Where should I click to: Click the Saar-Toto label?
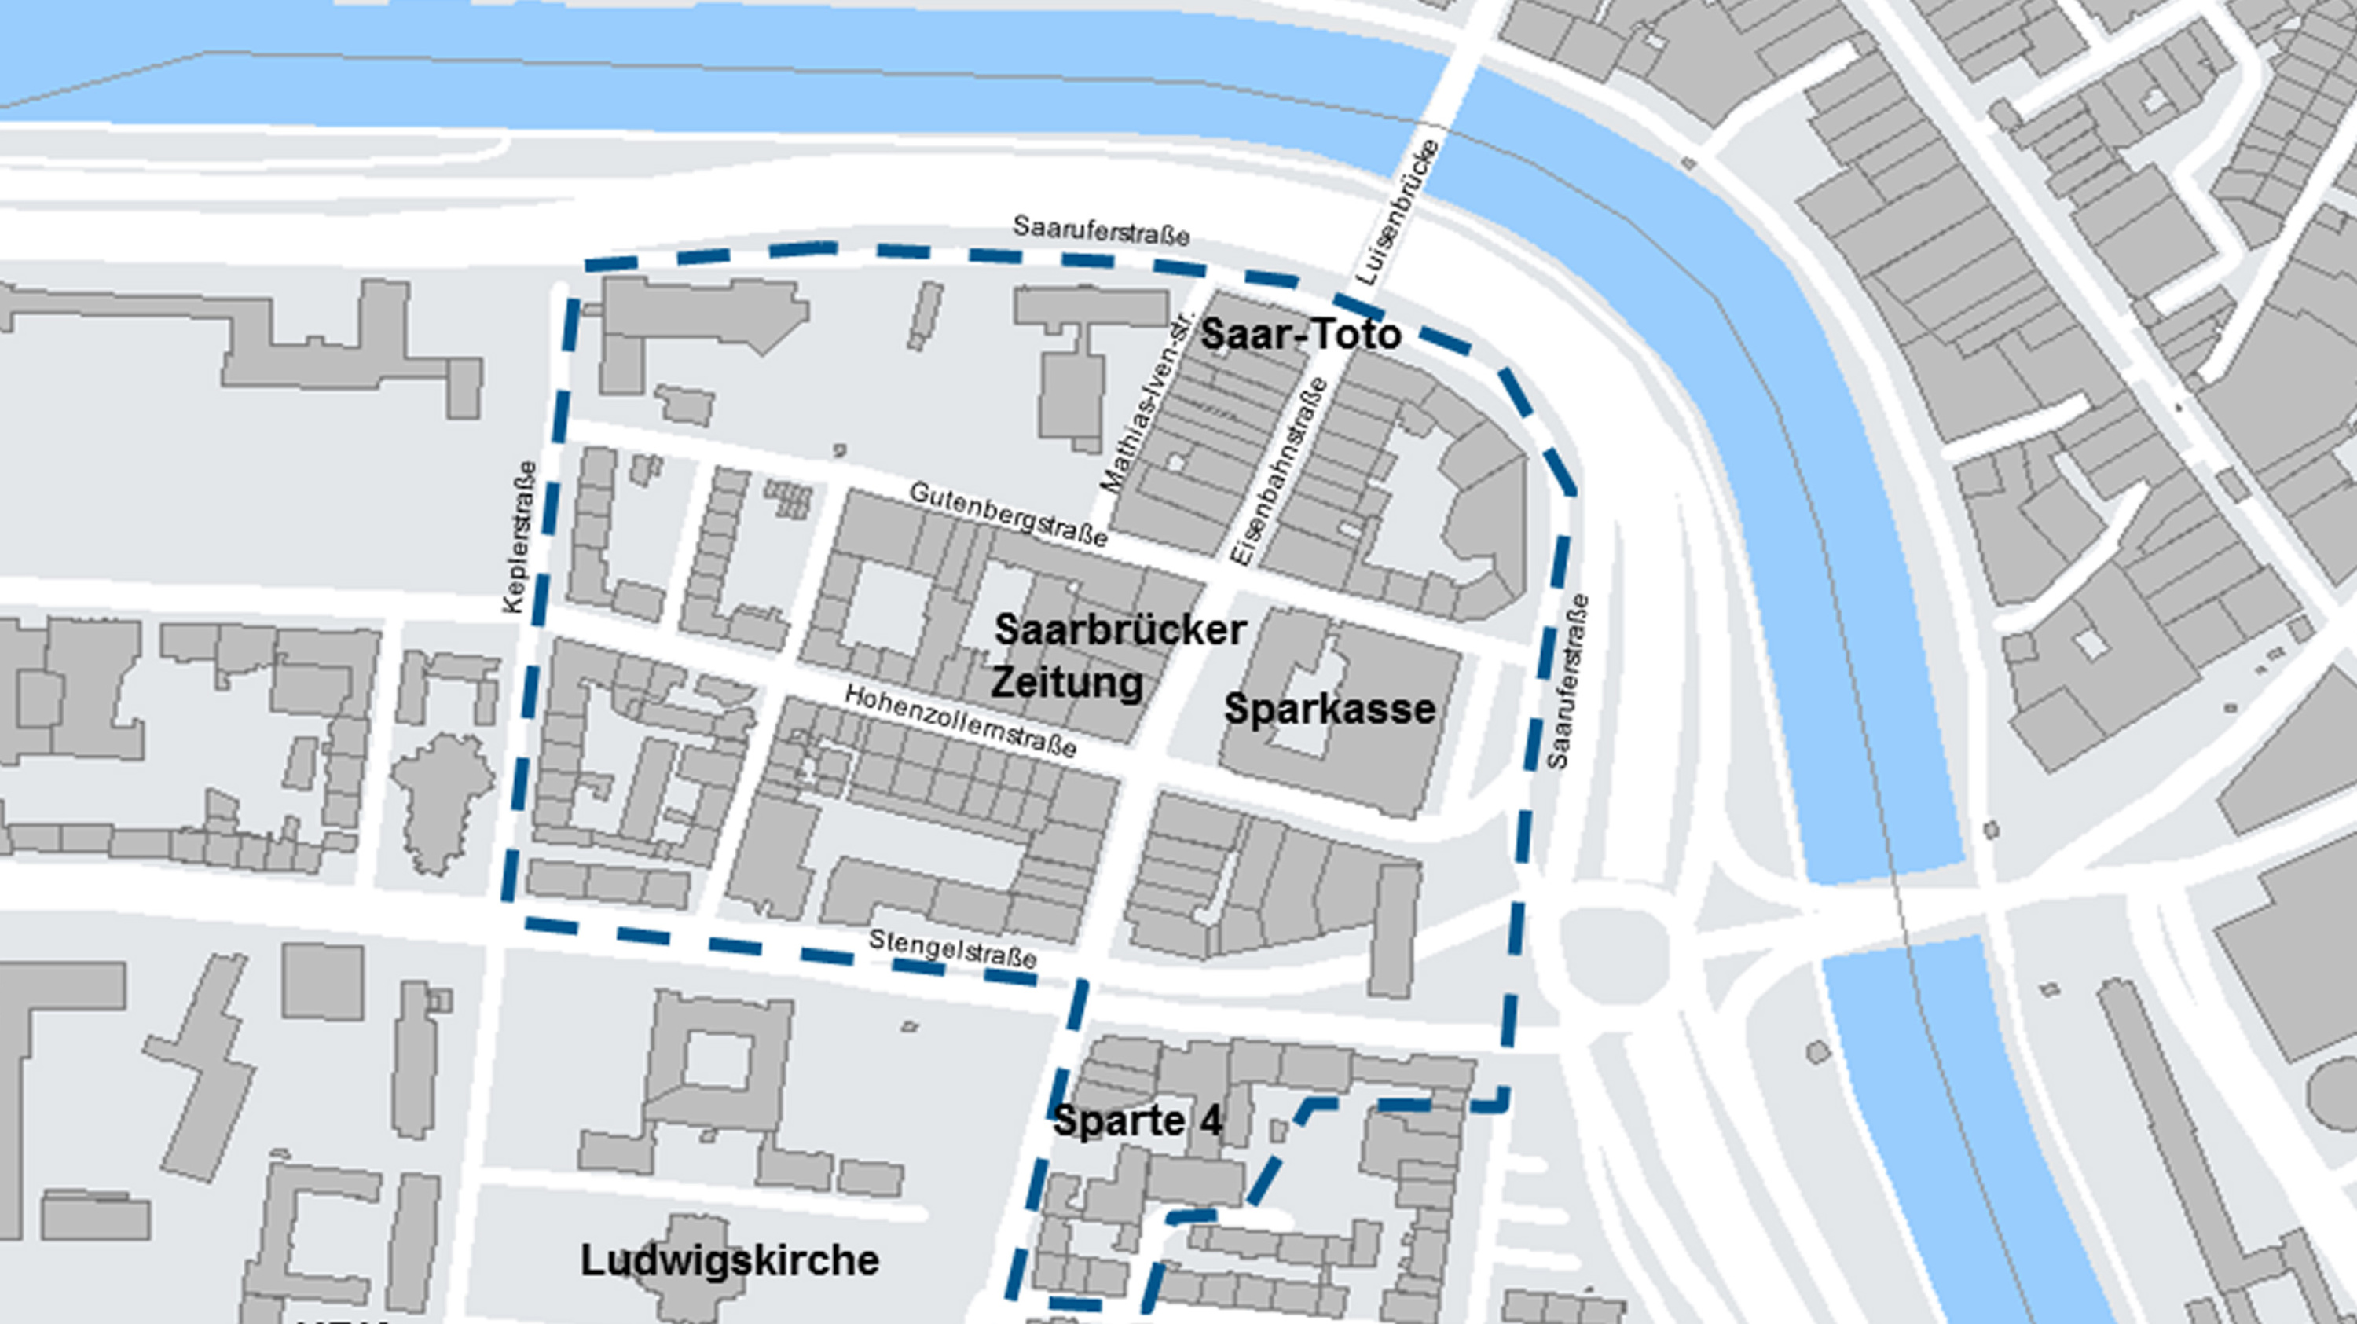[1299, 335]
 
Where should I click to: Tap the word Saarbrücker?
[1119, 630]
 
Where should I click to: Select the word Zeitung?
[1067, 683]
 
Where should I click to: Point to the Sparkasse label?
[1329, 709]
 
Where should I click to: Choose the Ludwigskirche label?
[729, 1261]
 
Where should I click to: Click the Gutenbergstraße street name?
[1007, 514]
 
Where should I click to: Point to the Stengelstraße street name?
[951, 949]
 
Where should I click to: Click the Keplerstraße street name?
[519, 537]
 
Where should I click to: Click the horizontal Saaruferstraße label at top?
[1101, 230]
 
